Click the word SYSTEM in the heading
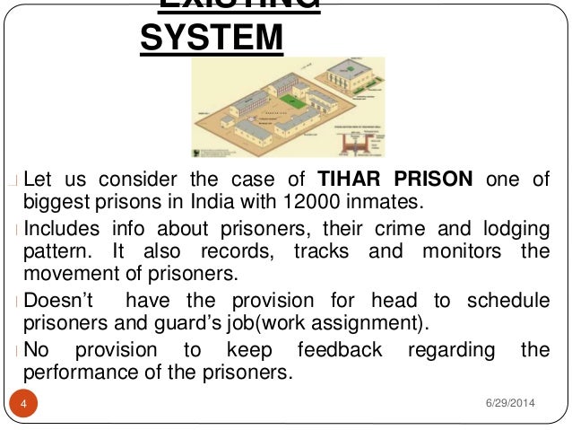tap(212, 39)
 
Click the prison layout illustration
tap(290, 108)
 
